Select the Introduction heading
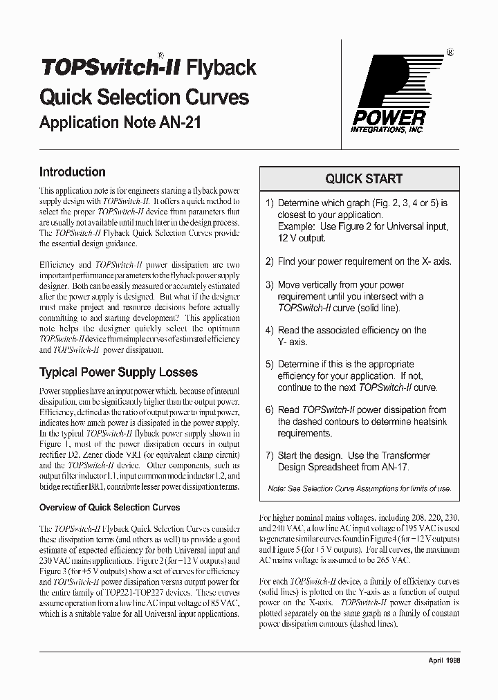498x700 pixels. tap(73, 172)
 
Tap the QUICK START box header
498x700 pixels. tap(364, 178)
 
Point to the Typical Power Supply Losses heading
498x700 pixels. tap(118, 373)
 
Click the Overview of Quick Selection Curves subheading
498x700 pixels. tap(109, 507)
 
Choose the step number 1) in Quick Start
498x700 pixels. tap(270, 203)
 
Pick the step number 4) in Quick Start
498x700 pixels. tap(270, 331)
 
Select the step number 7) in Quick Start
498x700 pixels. tap(270, 455)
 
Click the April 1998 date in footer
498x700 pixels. tap(444, 661)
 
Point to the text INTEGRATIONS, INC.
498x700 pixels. tap(387, 129)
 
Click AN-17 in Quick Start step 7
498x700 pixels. tap(394, 467)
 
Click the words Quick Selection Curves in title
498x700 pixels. tap(144, 96)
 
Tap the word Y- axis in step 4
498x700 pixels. tap(293, 342)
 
